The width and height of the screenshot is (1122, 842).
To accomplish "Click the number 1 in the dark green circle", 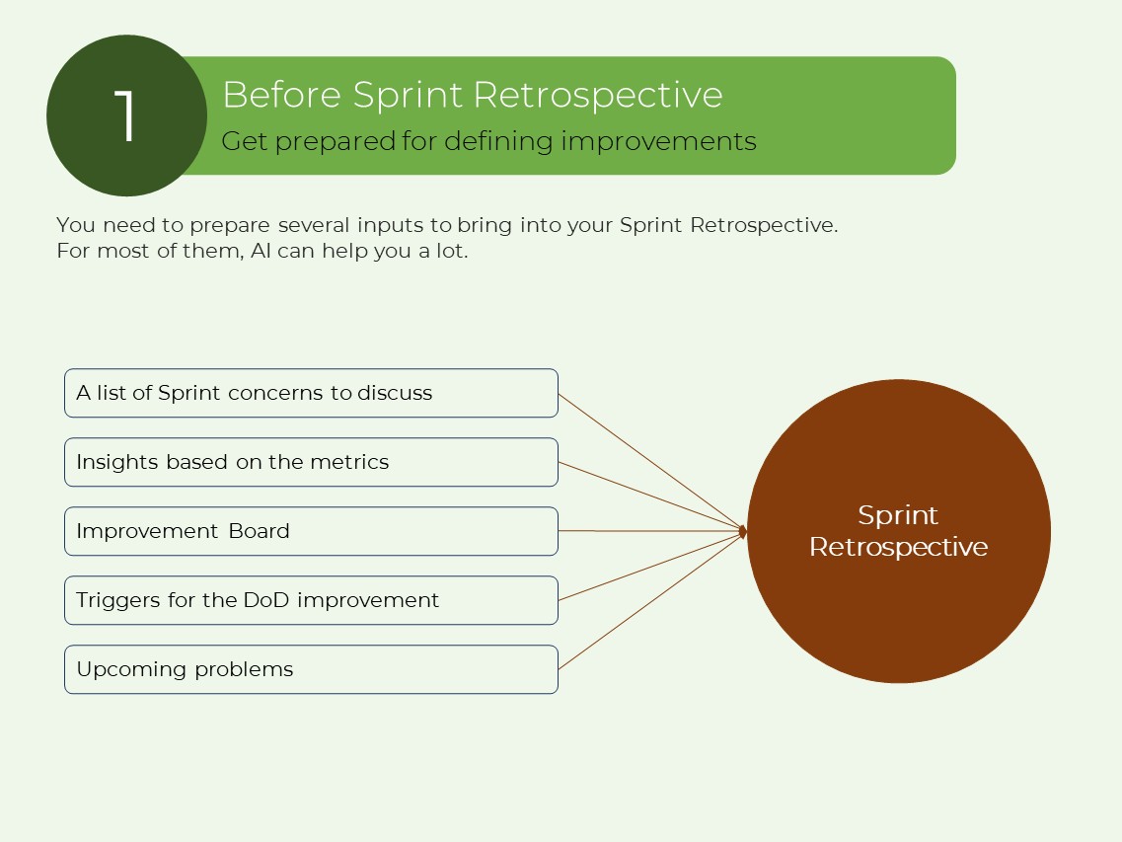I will click(x=125, y=116).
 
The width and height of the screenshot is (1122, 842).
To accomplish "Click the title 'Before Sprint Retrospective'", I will click(x=472, y=95).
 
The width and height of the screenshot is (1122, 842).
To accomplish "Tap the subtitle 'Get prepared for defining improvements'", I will click(x=488, y=141).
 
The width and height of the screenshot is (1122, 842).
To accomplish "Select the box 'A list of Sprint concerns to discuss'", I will click(x=311, y=393).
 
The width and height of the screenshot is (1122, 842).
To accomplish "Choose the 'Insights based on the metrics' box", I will click(x=311, y=462).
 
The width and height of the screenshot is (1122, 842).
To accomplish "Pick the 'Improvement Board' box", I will click(x=311, y=531).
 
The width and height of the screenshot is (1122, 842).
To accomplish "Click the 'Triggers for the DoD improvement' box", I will click(x=311, y=600).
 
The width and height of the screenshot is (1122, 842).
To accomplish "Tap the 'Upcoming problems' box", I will click(x=311, y=669).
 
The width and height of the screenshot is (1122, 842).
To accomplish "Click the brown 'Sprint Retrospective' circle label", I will click(x=898, y=531).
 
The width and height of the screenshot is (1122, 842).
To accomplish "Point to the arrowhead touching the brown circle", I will click(x=743, y=532).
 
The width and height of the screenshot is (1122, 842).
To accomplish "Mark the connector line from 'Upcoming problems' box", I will click(x=651, y=600).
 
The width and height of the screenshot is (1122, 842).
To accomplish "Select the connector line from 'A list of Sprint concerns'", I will click(x=651, y=463).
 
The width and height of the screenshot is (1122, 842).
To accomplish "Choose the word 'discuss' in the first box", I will click(x=395, y=393).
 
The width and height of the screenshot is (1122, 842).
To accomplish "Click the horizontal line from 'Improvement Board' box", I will click(x=651, y=531).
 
